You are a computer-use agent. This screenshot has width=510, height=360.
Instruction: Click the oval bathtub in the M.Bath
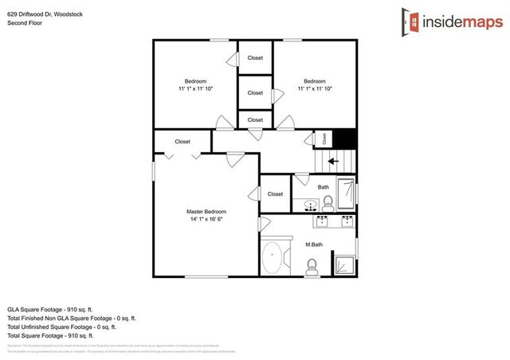coord(273,256)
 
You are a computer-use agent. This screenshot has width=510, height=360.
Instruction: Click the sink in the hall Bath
coord(308,206)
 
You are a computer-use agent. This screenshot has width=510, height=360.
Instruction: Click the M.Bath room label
coord(313,245)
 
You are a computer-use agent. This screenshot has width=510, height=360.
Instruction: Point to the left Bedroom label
coord(195,81)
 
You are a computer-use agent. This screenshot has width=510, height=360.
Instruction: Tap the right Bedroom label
coord(314,81)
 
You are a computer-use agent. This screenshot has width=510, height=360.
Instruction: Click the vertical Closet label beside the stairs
coord(324,139)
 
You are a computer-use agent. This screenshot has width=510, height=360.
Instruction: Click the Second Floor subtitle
coord(24,22)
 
